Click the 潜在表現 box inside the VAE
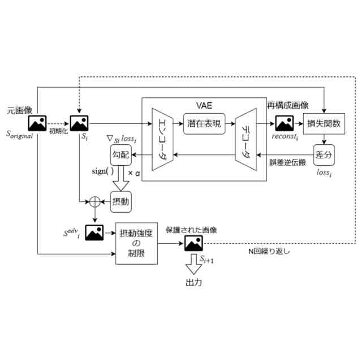(x=204, y=124)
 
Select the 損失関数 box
(x=324, y=124)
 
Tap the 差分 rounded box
(x=324, y=155)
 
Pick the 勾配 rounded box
(x=120, y=155)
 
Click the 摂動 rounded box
(x=120, y=202)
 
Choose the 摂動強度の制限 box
(x=137, y=243)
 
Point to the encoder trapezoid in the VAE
(x=162, y=139)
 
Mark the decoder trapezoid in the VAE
(x=246, y=139)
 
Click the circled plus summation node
(x=95, y=202)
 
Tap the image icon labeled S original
(x=37, y=123)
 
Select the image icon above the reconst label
(x=285, y=123)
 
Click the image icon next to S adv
(x=94, y=232)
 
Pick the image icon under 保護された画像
(x=193, y=243)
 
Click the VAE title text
(x=204, y=106)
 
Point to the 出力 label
(x=194, y=282)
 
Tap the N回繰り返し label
(x=269, y=251)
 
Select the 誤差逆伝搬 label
(x=288, y=162)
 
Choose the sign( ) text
(x=103, y=171)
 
